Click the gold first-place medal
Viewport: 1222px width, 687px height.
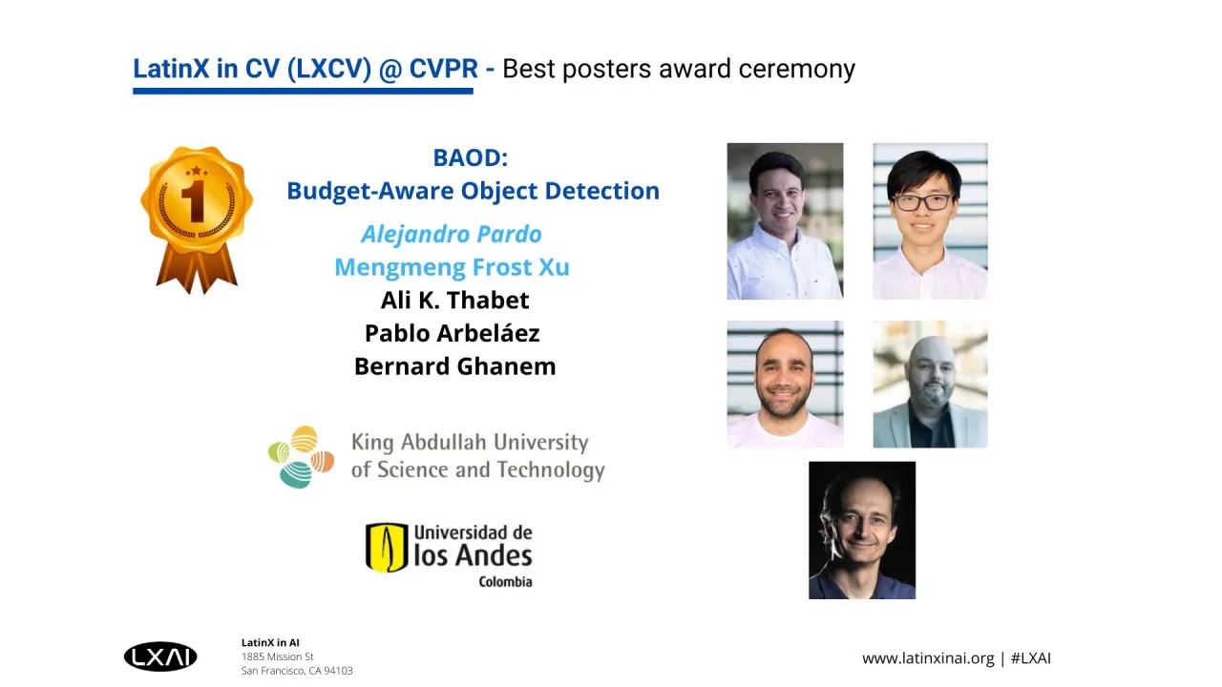click(197, 219)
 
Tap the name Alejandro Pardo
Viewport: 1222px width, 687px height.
click(452, 234)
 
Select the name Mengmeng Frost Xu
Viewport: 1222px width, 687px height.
click(452, 267)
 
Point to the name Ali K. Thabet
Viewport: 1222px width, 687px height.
click(454, 300)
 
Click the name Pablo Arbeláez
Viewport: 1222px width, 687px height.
click(452, 333)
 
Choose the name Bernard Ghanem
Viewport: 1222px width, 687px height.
click(455, 366)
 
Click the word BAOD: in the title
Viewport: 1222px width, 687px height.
click(471, 157)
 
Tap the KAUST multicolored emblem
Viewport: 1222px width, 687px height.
click(301, 457)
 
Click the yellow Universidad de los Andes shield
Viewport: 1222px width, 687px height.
click(387, 548)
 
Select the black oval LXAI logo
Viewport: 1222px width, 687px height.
click(160, 656)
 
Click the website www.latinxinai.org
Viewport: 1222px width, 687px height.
click(928, 658)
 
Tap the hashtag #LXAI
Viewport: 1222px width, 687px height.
click(1030, 658)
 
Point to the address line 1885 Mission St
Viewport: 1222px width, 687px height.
click(277, 656)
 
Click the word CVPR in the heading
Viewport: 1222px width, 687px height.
click(444, 69)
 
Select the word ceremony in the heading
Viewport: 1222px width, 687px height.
click(796, 70)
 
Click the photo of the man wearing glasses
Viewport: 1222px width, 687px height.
click(930, 221)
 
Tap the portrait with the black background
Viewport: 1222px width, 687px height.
click(862, 531)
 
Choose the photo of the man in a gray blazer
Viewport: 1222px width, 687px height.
click(930, 385)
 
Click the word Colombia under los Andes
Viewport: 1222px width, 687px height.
click(505, 582)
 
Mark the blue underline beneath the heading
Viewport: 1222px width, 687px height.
click(303, 91)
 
